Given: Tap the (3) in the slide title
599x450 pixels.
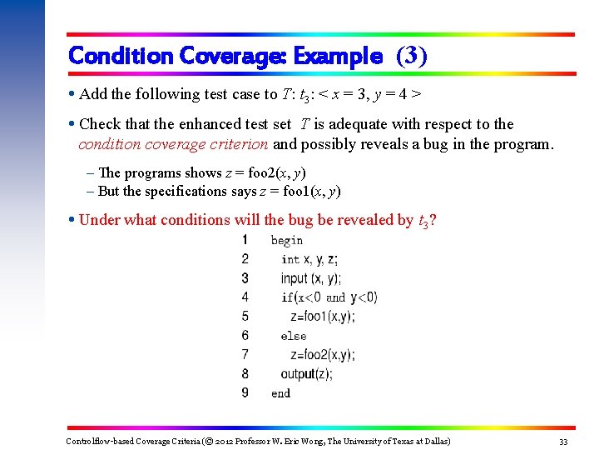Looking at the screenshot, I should [x=412, y=56].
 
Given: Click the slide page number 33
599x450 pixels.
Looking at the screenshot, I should [x=563, y=441].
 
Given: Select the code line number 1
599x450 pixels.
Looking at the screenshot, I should [x=245, y=240].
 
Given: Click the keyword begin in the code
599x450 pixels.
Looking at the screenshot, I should [x=287, y=241].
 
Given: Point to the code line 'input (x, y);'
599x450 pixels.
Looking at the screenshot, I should [x=310, y=278].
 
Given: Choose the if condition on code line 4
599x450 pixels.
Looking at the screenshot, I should [x=329, y=297].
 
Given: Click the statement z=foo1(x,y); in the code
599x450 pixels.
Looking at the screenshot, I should [x=322, y=317].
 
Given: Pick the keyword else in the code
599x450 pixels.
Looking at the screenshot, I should [x=294, y=336].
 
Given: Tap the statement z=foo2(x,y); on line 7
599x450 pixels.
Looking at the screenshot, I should [x=322, y=355].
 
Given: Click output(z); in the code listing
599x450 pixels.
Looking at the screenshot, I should [x=306, y=374].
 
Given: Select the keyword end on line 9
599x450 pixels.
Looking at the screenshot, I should [x=281, y=393].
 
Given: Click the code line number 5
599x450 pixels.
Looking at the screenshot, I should [x=245, y=317].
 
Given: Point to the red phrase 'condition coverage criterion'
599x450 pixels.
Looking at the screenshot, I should [x=173, y=144].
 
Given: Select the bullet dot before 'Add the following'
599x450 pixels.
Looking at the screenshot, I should [x=72, y=94].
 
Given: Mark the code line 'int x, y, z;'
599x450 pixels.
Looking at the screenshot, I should [x=309, y=259].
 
